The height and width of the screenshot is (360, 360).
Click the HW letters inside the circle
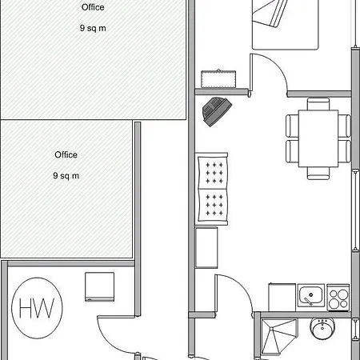37,308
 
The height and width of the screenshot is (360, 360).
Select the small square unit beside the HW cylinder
100,287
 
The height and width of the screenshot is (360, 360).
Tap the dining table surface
318,138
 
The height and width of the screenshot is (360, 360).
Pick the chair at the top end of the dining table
318,104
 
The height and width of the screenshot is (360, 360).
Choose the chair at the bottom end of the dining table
318,174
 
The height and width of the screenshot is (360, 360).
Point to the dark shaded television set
217,111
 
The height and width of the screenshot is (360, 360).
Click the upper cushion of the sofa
213,173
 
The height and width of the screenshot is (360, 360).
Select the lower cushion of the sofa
213,206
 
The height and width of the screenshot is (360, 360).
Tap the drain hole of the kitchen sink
311,294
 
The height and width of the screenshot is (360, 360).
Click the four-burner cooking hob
338,298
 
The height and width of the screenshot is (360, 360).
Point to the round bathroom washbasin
322,329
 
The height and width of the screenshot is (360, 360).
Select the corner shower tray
279,337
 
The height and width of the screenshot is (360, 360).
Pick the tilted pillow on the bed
270,13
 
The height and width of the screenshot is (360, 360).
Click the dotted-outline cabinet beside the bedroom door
218,79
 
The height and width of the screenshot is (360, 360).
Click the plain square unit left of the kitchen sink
282,298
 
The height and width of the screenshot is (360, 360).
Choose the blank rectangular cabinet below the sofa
206,247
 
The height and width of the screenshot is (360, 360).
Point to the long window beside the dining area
355,210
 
